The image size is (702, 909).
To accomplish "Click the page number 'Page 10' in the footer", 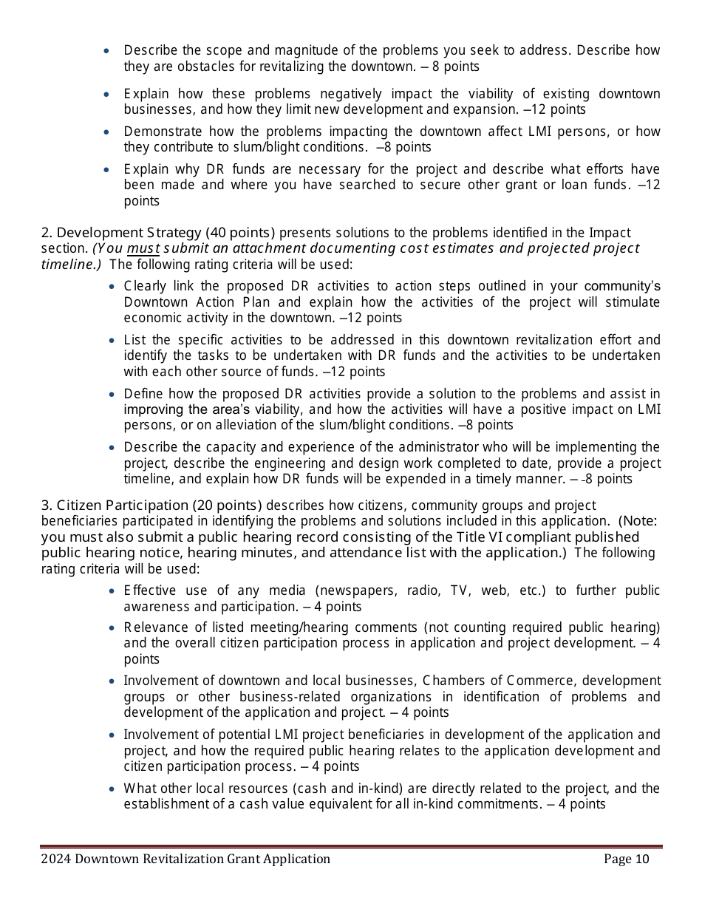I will [626, 859].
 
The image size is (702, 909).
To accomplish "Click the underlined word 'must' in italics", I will [139, 248].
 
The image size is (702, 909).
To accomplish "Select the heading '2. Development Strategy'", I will [120, 233].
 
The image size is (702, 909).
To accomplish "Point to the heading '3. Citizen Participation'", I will [115, 505].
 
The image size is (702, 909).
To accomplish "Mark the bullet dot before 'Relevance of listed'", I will [111, 628].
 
